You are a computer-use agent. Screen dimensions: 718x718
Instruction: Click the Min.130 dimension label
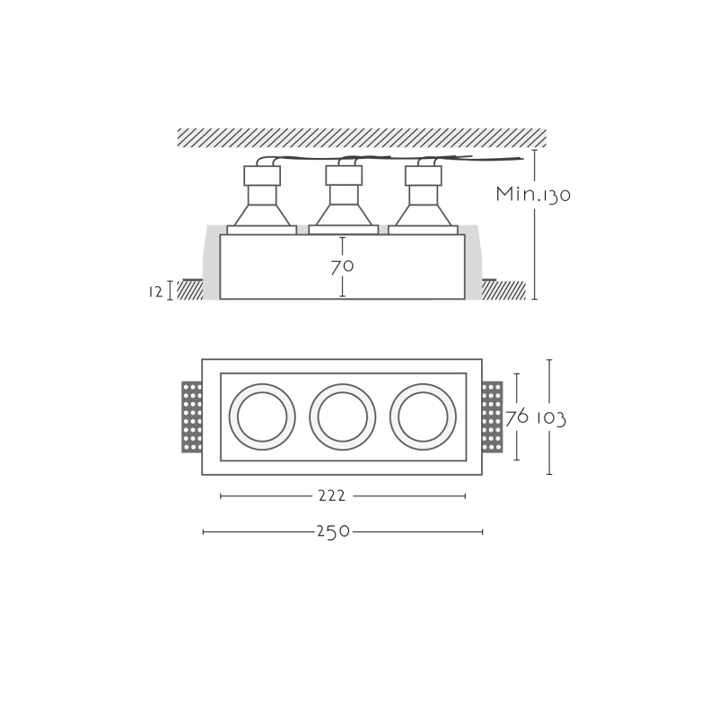(533, 194)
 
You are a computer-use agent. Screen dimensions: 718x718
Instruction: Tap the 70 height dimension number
(342, 267)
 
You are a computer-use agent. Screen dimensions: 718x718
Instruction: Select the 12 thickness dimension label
(155, 292)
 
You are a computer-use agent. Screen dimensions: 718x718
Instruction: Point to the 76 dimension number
(517, 417)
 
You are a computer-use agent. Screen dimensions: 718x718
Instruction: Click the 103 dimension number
(551, 418)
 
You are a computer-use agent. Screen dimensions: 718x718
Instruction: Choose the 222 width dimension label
(332, 495)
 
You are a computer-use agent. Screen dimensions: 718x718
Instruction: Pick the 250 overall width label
(333, 531)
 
